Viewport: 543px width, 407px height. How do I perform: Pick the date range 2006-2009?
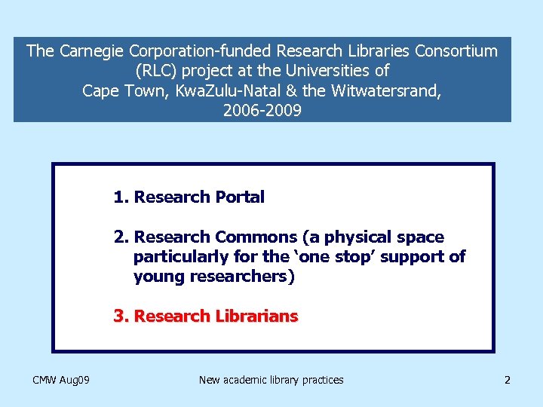tap(262, 111)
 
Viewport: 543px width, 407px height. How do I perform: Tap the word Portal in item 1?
tap(240, 197)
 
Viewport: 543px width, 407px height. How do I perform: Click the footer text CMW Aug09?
tap(61, 380)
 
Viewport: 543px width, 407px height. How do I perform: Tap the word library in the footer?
tap(288, 380)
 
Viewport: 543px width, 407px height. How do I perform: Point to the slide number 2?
tap(508, 380)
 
